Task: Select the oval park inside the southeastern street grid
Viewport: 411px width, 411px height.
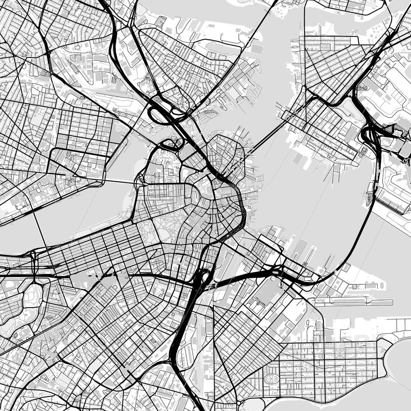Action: tap(272, 379)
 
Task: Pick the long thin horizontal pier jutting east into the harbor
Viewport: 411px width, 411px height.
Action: tap(353, 302)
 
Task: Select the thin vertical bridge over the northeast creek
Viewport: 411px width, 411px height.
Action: tap(305, 25)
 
